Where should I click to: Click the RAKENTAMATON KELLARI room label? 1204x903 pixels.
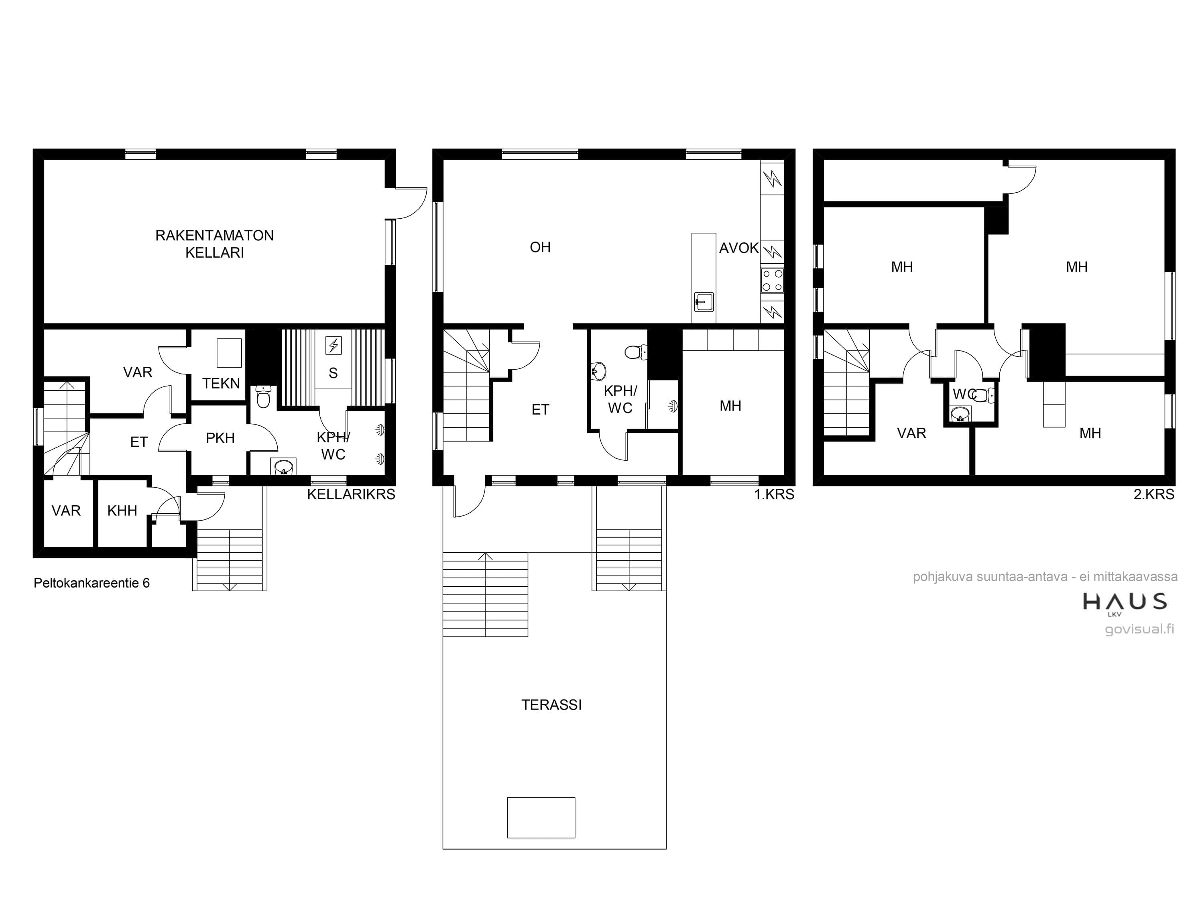[x=214, y=244]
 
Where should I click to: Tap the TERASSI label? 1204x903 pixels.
[x=551, y=705]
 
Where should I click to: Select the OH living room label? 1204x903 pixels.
[x=540, y=247]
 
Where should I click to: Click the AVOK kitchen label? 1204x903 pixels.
[x=738, y=248]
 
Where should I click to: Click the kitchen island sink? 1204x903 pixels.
[x=704, y=301]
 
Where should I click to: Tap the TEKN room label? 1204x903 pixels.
[x=221, y=383]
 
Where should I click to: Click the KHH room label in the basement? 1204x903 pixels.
[x=122, y=510]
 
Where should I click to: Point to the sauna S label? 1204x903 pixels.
[x=333, y=373]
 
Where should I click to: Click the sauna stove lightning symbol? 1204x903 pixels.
[x=333, y=345]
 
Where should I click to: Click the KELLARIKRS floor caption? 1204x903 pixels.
[x=351, y=494]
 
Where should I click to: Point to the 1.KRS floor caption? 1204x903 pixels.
[x=774, y=494]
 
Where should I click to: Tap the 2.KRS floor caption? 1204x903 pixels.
[x=1154, y=494]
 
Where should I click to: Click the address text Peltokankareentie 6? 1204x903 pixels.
[x=92, y=583]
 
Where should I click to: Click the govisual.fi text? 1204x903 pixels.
[x=1140, y=629]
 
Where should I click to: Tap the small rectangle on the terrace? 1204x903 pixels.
[x=541, y=818]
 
